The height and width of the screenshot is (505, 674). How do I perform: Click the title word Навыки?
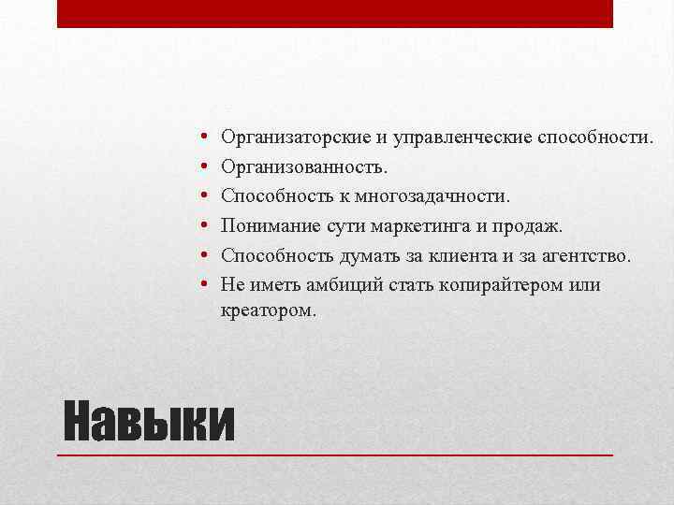click(148, 423)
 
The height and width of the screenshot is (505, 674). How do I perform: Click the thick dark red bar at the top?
click(334, 13)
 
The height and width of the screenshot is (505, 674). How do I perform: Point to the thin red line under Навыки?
click(334, 454)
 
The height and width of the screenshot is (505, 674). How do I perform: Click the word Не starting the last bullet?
click(232, 285)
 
